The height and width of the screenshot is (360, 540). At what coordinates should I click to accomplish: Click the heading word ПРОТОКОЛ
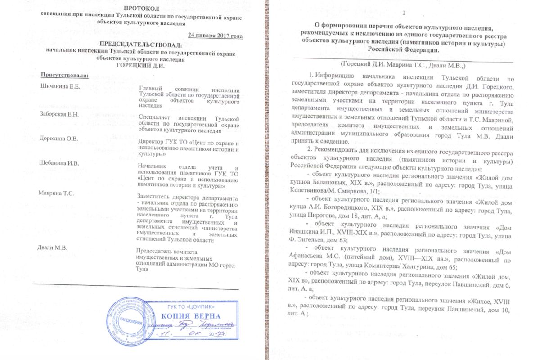(141, 9)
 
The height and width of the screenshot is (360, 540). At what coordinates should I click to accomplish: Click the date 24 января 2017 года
(215, 36)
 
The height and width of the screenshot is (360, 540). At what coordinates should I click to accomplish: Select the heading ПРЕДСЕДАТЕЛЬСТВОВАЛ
(141, 45)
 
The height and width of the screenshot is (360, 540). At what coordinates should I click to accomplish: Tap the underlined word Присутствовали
(65, 74)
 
